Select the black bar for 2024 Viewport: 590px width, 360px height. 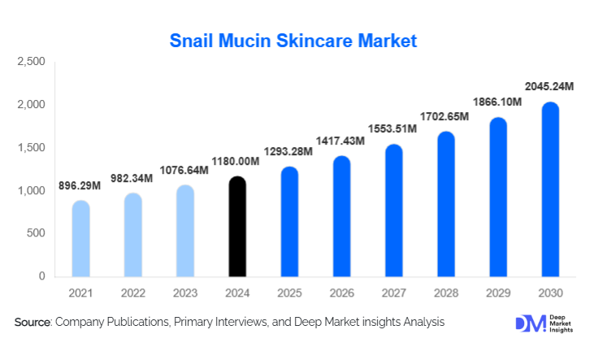pyautogui.click(x=236, y=228)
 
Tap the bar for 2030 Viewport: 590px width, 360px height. pyautogui.click(x=550, y=190)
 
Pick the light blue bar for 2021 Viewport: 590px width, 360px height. pyautogui.click(x=80, y=239)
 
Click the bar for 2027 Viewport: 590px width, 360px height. pyautogui.click(x=393, y=211)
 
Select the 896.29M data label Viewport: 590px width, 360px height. pyautogui.click(x=80, y=185)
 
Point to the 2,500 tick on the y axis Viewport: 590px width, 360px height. pyautogui.click(x=31, y=62)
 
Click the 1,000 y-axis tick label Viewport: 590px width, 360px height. pyautogui.click(x=31, y=191)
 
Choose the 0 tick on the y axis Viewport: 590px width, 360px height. pyautogui.click(x=41, y=277)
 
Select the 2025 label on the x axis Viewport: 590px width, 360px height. pyautogui.click(x=288, y=293)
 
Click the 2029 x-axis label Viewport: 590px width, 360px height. pyautogui.click(x=498, y=293)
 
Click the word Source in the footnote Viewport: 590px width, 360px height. pyautogui.click(x=33, y=323)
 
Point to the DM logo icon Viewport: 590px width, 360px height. pyautogui.click(x=525, y=323)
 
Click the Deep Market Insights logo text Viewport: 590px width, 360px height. pyautogui.click(x=558, y=323)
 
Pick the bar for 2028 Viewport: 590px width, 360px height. pyautogui.click(x=446, y=205)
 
